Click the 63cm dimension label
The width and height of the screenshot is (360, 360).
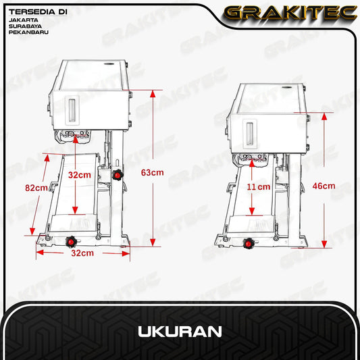click(152, 172)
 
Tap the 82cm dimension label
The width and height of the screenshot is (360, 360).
click(36, 188)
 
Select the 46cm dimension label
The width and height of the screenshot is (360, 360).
click(324, 186)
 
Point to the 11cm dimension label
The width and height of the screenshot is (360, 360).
click(259, 186)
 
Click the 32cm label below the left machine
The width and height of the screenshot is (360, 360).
click(82, 253)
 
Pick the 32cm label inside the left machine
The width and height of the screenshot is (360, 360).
click(80, 175)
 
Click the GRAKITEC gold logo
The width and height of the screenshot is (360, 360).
click(290, 13)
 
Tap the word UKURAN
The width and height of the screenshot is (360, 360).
click(180, 332)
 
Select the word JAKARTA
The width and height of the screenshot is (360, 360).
click(24, 20)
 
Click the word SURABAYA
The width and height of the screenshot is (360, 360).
click(25, 26)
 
